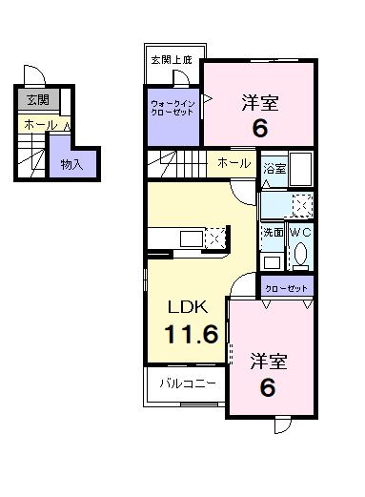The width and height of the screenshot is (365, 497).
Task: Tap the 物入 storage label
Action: pos(71,164)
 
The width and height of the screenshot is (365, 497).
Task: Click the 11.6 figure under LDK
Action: pos(194,335)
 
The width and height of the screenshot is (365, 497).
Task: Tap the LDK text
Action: pos(189,307)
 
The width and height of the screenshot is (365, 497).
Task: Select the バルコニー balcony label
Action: pos(187,385)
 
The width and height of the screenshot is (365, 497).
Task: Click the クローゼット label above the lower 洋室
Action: pos(287,285)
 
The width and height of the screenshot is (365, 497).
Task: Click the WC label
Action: pos(299,232)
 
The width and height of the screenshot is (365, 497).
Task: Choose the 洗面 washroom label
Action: pos(272,232)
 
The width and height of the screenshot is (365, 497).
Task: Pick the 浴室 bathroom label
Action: pos(274,164)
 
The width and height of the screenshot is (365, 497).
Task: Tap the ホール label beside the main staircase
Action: pos(233,163)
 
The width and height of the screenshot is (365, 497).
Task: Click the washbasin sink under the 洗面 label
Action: pos(272,259)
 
